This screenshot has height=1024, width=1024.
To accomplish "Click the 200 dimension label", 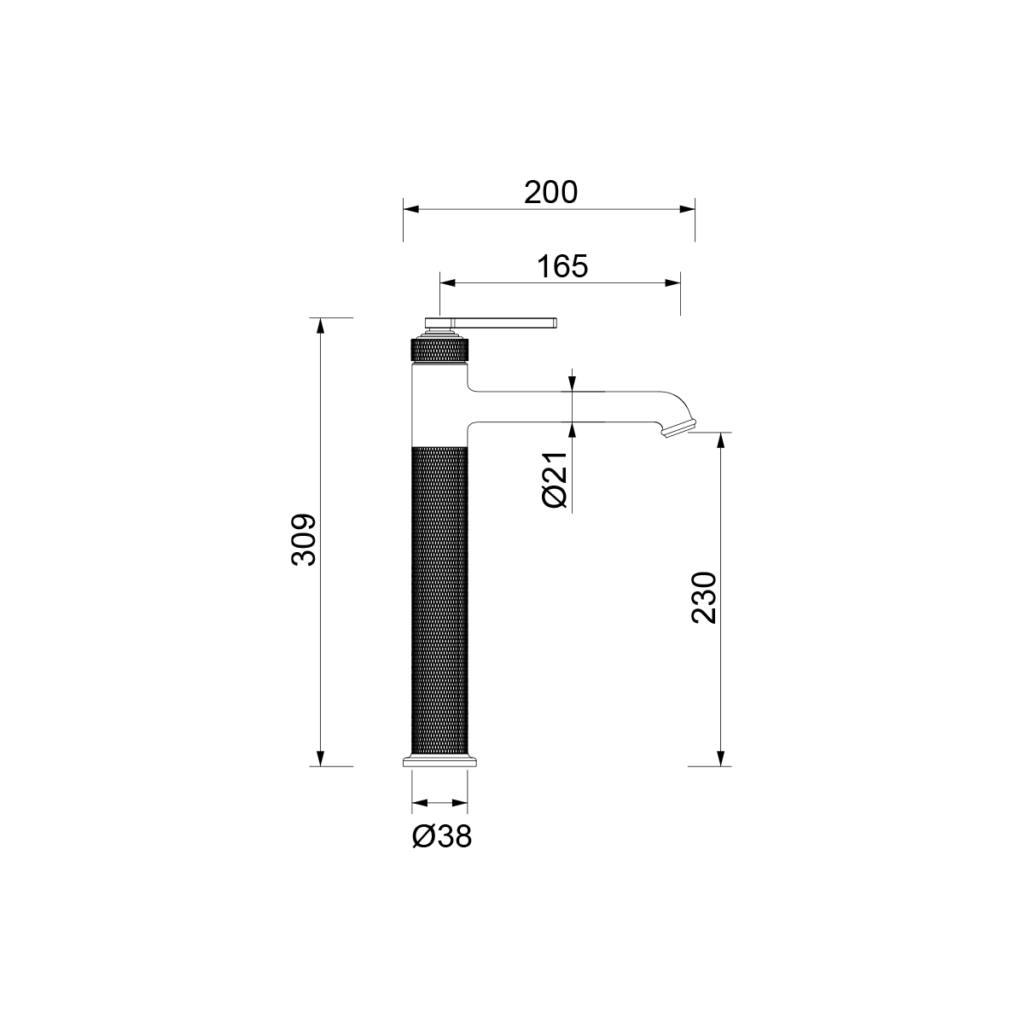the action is pyautogui.click(x=550, y=192).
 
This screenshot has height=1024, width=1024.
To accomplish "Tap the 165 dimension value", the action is pyautogui.click(x=562, y=266).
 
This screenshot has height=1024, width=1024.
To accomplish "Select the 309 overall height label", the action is pyautogui.click(x=305, y=540).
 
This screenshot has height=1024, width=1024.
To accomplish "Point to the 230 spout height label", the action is pyautogui.click(x=704, y=597).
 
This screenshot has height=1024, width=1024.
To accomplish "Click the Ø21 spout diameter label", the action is pyautogui.click(x=555, y=480).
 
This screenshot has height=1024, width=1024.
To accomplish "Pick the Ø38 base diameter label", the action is pyautogui.click(x=441, y=836).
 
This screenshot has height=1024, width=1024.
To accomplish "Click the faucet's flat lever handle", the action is pyautogui.click(x=491, y=323).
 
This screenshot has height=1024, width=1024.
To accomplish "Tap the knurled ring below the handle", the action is pyautogui.click(x=439, y=351).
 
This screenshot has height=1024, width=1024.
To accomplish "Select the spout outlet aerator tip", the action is pyautogui.click(x=679, y=428).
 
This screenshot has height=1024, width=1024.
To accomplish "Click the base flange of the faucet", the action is pyautogui.click(x=439, y=761).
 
